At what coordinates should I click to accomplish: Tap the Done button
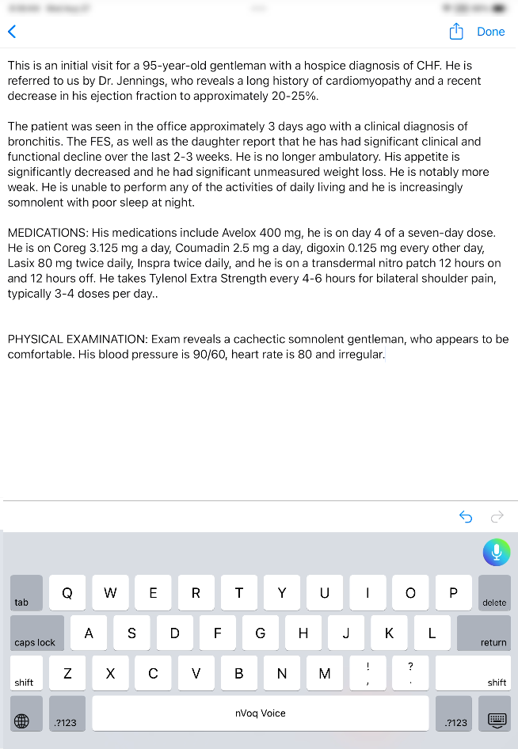point(490,32)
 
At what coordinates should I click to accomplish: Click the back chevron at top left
point(12,32)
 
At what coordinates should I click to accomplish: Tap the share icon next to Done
point(456,32)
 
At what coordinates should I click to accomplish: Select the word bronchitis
point(36,142)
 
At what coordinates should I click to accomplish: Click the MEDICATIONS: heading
point(48,233)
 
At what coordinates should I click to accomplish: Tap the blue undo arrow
point(466,517)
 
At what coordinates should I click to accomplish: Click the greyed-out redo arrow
point(497,517)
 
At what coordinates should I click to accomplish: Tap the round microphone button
point(497,552)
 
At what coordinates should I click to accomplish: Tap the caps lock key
point(36,633)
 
